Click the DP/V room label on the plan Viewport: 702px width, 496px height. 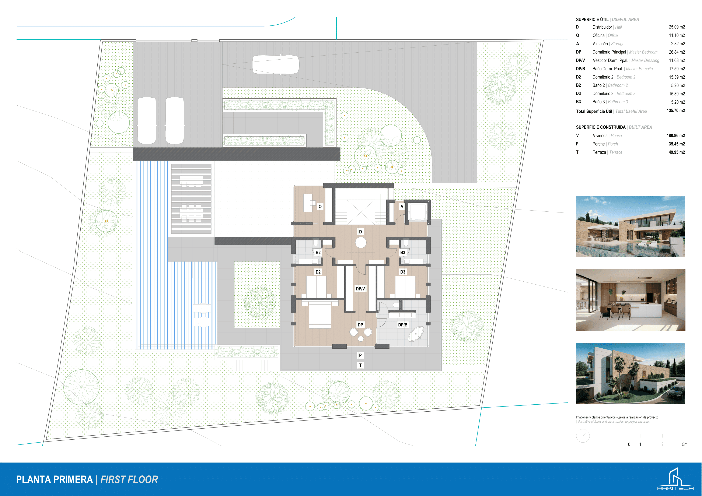click(360, 288)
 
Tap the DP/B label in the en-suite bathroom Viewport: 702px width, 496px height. click(402, 325)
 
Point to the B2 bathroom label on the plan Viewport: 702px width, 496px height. click(318, 252)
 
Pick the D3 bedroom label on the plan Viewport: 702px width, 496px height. click(403, 272)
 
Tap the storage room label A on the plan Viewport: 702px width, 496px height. click(402, 207)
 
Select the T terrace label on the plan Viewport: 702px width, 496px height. click(360, 365)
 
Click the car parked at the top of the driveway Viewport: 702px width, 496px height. click(276, 64)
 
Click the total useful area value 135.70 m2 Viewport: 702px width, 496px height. click(676, 111)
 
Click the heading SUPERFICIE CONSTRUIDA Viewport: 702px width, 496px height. click(601, 127)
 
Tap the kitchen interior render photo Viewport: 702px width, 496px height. click(631, 300)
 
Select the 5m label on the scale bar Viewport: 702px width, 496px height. click(685, 444)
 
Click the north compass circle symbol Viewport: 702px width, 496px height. click(583, 436)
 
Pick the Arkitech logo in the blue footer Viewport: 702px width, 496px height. click(675, 479)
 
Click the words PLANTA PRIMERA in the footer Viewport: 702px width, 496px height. click(55, 479)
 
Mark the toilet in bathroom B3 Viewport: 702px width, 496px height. click(406, 243)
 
